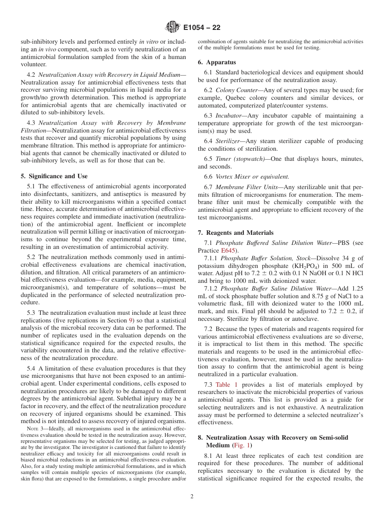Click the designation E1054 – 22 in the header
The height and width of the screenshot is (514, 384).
point(202,28)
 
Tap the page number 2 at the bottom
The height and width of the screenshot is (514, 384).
point(192,497)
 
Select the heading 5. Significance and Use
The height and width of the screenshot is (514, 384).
point(54,176)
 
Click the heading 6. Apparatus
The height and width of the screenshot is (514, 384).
point(217,62)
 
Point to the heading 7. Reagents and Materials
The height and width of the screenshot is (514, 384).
point(235,233)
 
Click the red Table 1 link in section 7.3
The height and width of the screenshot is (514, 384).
point(226,385)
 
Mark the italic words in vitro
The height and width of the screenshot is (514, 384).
point(148,42)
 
